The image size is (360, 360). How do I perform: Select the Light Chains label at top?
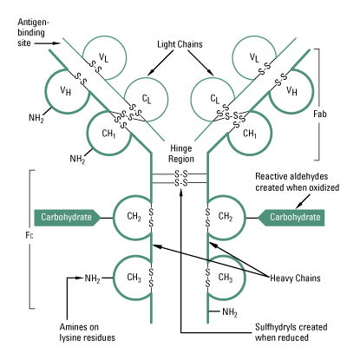pyautogui.click(x=180, y=43)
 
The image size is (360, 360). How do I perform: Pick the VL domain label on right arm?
pyautogui.click(x=253, y=57)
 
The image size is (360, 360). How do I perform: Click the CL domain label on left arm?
pyautogui.click(x=146, y=99)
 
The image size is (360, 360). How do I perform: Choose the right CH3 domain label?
pyautogui.click(x=225, y=278)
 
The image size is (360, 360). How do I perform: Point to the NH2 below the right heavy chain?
pyautogui.click(x=229, y=311)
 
